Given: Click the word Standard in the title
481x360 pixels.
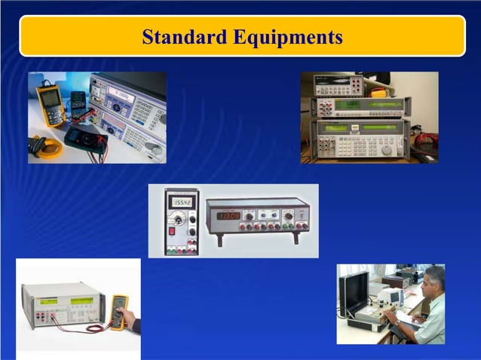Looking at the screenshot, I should pyautogui.click(x=185, y=36).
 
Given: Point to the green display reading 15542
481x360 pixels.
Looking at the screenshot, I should pyautogui.click(x=182, y=202).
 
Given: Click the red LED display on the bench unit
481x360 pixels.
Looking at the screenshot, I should pyautogui.click(x=229, y=215).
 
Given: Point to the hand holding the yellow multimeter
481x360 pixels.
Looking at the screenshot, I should pyautogui.click(x=130, y=319).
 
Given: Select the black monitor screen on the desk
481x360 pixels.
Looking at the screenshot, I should pyautogui.click(x=355, y=289).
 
